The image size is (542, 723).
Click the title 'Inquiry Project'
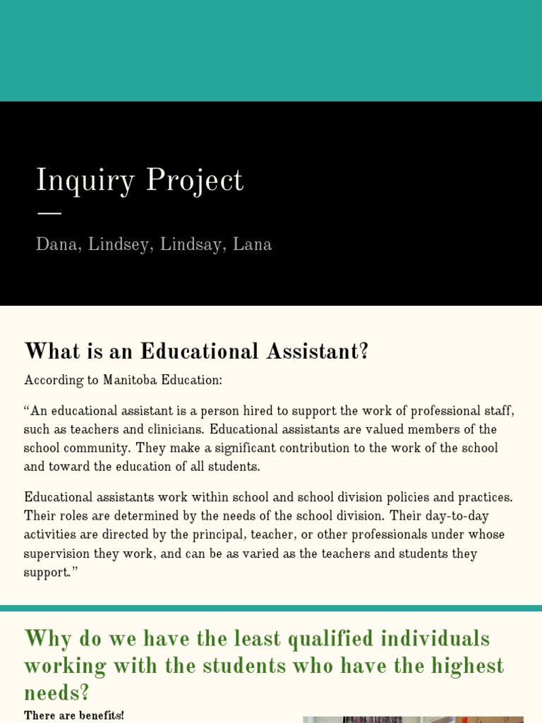pos(139,181)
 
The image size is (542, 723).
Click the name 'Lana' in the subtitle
pos(252,244)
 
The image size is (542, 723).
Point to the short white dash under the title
pos(49,213)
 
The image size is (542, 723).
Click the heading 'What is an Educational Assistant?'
pos(196,351)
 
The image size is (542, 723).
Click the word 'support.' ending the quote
pos(50,572)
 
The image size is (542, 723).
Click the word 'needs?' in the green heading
pos(56,693)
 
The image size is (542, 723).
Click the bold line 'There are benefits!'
pos(73,715)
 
